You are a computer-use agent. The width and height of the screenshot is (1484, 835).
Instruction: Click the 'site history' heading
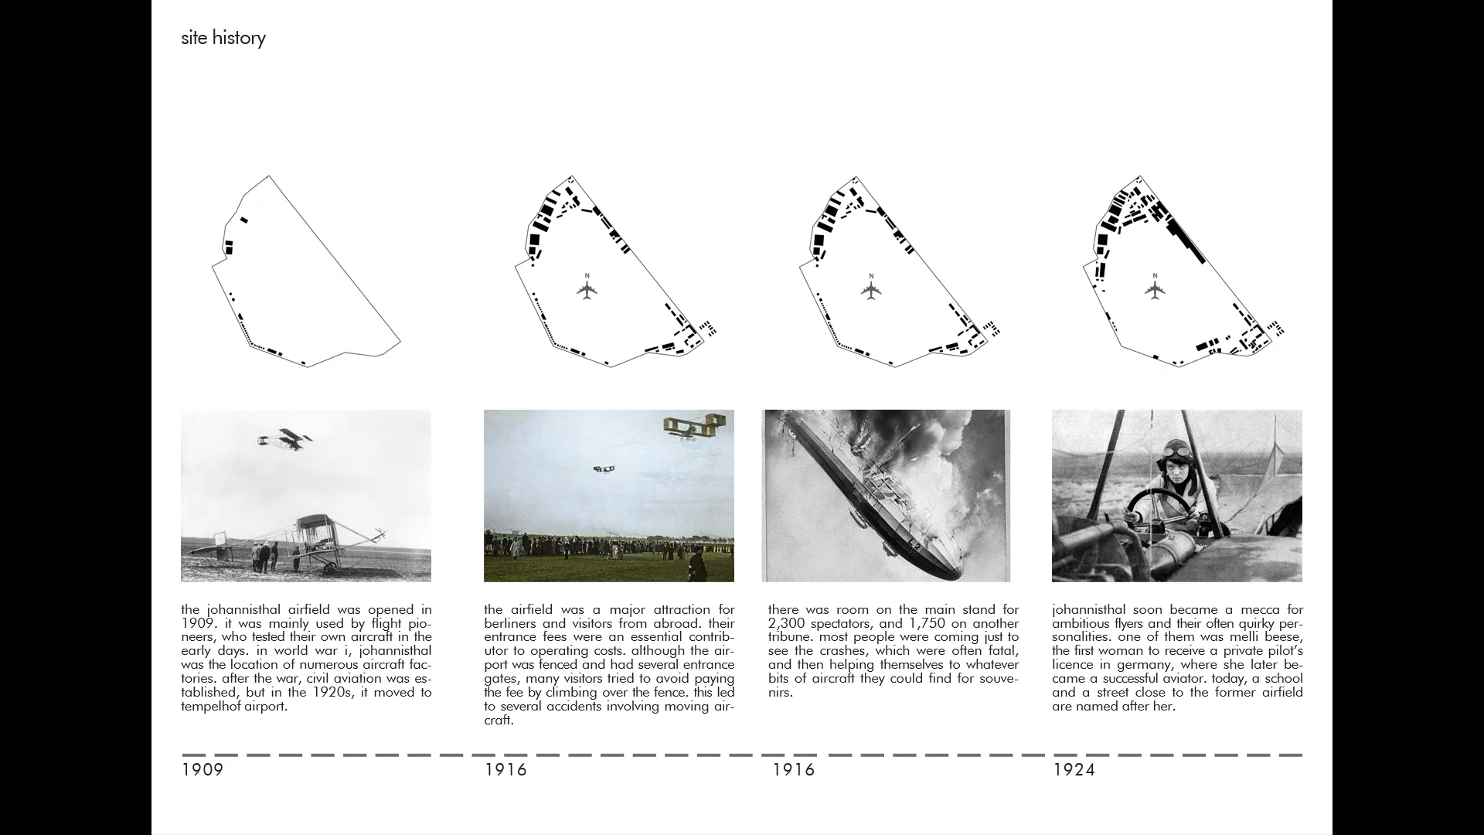click(x=223, y=38)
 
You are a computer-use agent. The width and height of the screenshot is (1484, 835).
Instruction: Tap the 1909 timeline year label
click(x=202, y=770)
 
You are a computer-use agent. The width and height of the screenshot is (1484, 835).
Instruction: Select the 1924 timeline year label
click(x=1074, y=770)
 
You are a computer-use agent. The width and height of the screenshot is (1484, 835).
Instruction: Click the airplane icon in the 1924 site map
click(x=1155, y=291)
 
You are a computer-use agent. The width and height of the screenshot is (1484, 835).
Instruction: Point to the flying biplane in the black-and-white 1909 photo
click(x=285, y=439)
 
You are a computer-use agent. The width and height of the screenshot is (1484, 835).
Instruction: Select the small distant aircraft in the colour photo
click(x=604, y=469)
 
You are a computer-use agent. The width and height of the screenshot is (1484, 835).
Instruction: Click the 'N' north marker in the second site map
click(x=587, y=276)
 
